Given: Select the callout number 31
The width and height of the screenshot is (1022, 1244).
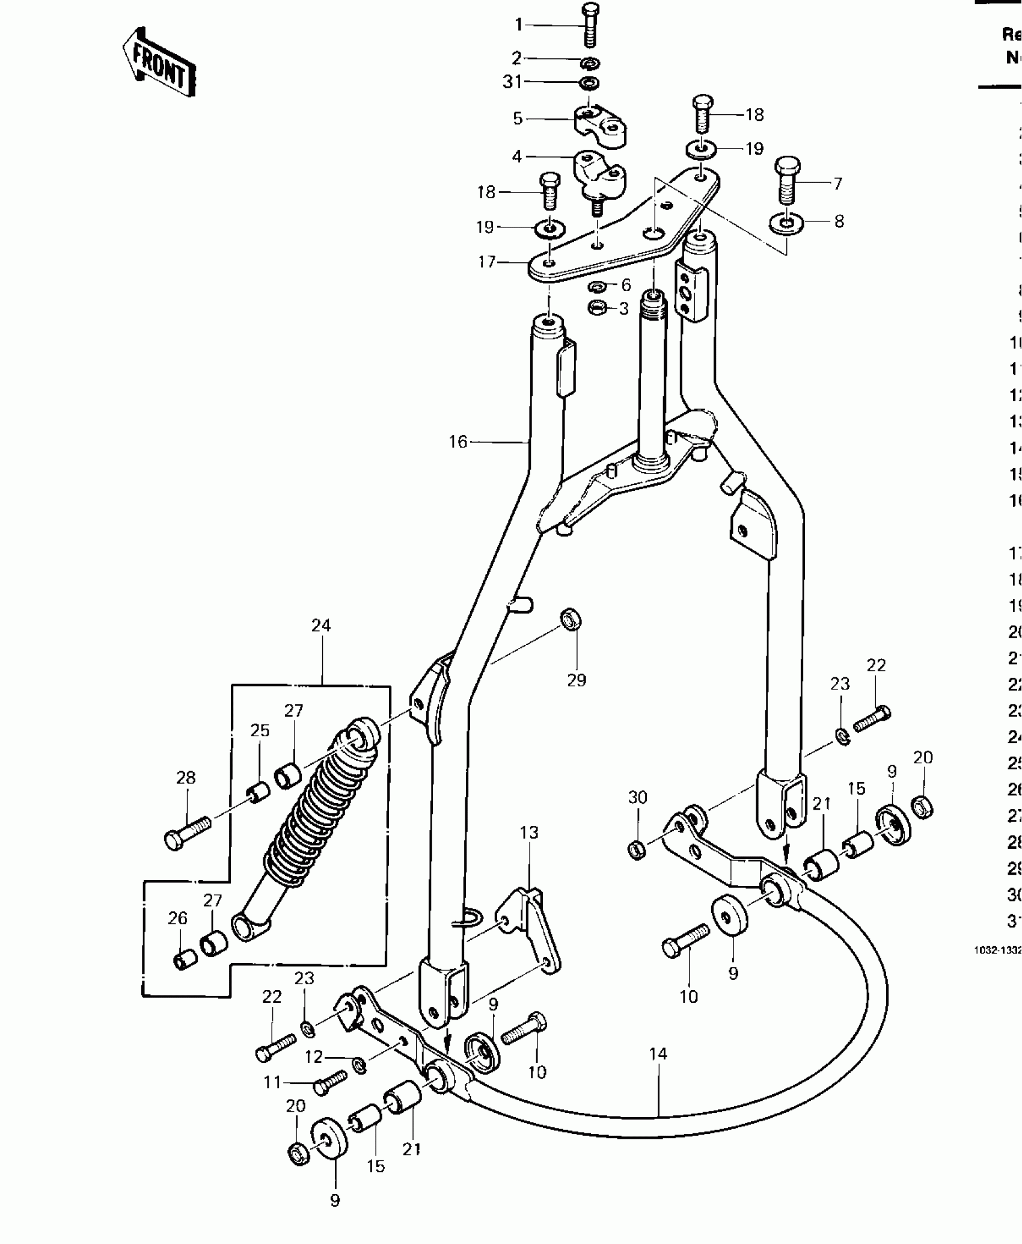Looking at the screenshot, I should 512,82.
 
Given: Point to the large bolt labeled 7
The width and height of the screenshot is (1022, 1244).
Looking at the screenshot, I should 788,181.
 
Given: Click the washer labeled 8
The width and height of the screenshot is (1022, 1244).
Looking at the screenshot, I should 786,224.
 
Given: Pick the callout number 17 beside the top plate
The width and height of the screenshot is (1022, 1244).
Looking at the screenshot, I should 486,262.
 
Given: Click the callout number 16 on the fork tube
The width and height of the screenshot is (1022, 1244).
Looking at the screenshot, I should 457,442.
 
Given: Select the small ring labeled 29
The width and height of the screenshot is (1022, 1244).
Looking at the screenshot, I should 571,619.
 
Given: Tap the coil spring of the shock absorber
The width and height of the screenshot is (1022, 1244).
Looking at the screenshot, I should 322,806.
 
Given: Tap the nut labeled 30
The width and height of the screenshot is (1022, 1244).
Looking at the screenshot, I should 637,851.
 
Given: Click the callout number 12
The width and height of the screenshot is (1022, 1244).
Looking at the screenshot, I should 314,1057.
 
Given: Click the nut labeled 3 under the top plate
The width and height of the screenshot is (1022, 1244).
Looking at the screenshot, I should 596,308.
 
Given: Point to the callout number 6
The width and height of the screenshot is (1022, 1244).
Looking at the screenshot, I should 626,285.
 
